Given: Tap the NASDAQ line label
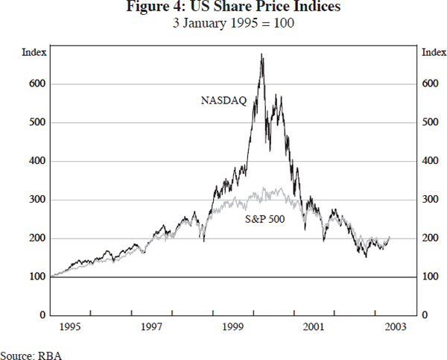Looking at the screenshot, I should [223, 99].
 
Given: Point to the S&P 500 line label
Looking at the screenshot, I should [267, 220].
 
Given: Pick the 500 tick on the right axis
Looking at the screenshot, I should [430, 122].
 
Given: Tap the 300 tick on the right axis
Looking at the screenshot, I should [430, 200].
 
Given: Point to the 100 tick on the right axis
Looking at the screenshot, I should [430, 277].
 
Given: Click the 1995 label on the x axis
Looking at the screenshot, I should [70, 327].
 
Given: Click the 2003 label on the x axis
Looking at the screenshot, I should [395, 327].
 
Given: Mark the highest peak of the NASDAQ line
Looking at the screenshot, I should [261, 54].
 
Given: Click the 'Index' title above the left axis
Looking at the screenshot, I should [34, 52].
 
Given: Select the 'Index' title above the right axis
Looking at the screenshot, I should [434, 52].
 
